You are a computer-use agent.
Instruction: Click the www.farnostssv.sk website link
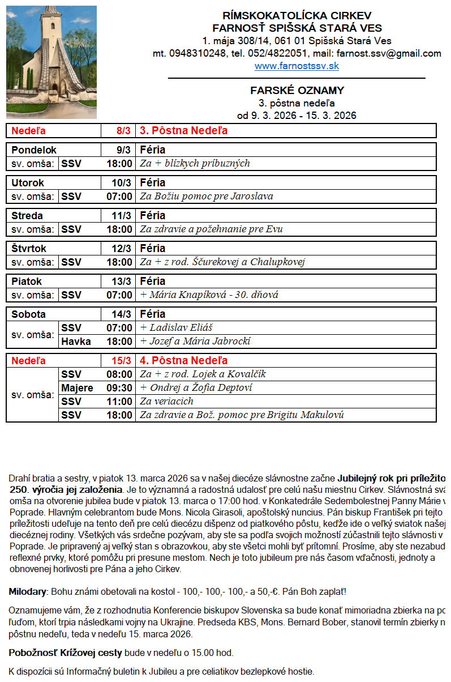tap(297, 66)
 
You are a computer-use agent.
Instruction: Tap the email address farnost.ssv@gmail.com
tap(388, 54)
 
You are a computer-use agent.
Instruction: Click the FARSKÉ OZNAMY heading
tap(297, 91)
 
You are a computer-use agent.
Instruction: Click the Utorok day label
tap(28, 183)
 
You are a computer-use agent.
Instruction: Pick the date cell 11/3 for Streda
tap(122, 216)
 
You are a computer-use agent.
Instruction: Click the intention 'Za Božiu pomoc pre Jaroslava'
tap(207, 197)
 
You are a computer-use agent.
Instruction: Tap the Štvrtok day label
tap(29, 249)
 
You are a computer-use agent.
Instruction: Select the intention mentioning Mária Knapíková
tap(209, 295)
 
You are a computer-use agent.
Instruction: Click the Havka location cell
tap(76, 342)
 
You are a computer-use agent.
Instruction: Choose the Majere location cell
tap(77, 388)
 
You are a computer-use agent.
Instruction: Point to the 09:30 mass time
tap(119, 388)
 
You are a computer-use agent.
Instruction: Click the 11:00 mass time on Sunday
tap(119, 402)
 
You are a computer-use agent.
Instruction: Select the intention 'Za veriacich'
tap(167, 402)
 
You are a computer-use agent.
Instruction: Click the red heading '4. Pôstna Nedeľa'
tap(184, 361)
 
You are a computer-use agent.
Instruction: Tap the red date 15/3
tap(122, 361)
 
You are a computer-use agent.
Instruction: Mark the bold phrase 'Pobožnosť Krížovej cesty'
tap(66, 653)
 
